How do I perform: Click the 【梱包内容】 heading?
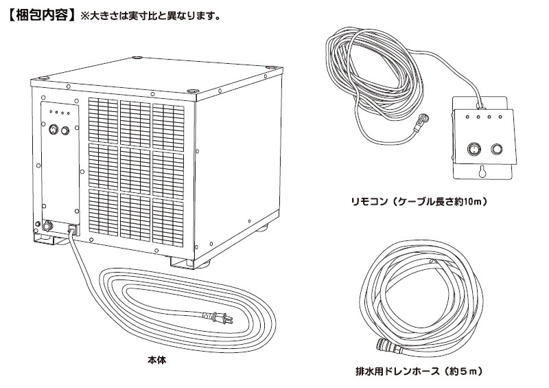41,15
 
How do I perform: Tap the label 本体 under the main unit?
157,360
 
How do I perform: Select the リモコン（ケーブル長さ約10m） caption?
419,201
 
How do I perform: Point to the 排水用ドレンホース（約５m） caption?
419,372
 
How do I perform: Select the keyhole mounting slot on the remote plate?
483,172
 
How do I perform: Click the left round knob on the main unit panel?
54,130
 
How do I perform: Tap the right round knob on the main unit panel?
65,130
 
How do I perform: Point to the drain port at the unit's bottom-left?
47,225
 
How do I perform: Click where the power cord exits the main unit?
73,230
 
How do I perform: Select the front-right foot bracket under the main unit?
182,263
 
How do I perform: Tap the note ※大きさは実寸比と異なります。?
150,16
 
